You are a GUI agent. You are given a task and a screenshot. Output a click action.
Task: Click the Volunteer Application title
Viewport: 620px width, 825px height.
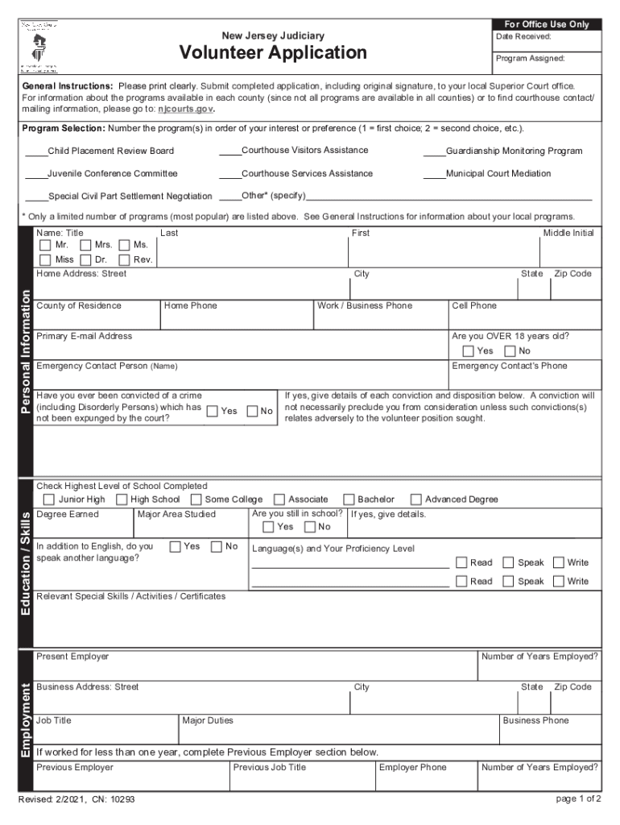(273, 53)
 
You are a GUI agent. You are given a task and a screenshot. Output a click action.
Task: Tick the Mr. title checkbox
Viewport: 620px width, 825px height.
(46, 245)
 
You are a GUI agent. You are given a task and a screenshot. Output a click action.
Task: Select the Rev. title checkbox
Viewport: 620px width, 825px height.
(124, 259)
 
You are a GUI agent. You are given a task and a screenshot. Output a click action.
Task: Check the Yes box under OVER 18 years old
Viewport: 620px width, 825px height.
(468, 351)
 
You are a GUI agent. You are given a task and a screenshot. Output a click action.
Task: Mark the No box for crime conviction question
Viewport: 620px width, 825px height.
(253, 411)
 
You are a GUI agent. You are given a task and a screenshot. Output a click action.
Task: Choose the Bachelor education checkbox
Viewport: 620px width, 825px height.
(349, 500)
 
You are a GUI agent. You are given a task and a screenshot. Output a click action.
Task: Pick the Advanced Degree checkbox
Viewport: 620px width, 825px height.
(416, 500)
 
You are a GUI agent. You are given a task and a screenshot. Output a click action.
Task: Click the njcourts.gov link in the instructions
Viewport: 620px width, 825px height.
(185, 108)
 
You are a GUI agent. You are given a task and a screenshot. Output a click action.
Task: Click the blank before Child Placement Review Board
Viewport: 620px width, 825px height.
(35, 151)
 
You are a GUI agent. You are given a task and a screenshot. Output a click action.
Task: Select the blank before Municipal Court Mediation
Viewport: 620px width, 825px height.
(434, 174)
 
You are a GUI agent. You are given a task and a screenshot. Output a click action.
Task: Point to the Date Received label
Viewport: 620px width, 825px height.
(523, 37)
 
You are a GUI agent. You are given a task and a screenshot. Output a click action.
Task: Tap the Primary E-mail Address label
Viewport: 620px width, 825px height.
(84, 336)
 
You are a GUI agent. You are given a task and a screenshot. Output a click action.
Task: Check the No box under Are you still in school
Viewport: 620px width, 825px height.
(309, 527)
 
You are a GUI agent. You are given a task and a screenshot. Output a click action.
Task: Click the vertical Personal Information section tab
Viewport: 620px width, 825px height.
(26, 352)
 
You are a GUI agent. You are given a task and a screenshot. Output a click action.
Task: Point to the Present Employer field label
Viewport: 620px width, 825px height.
(72, 657)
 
